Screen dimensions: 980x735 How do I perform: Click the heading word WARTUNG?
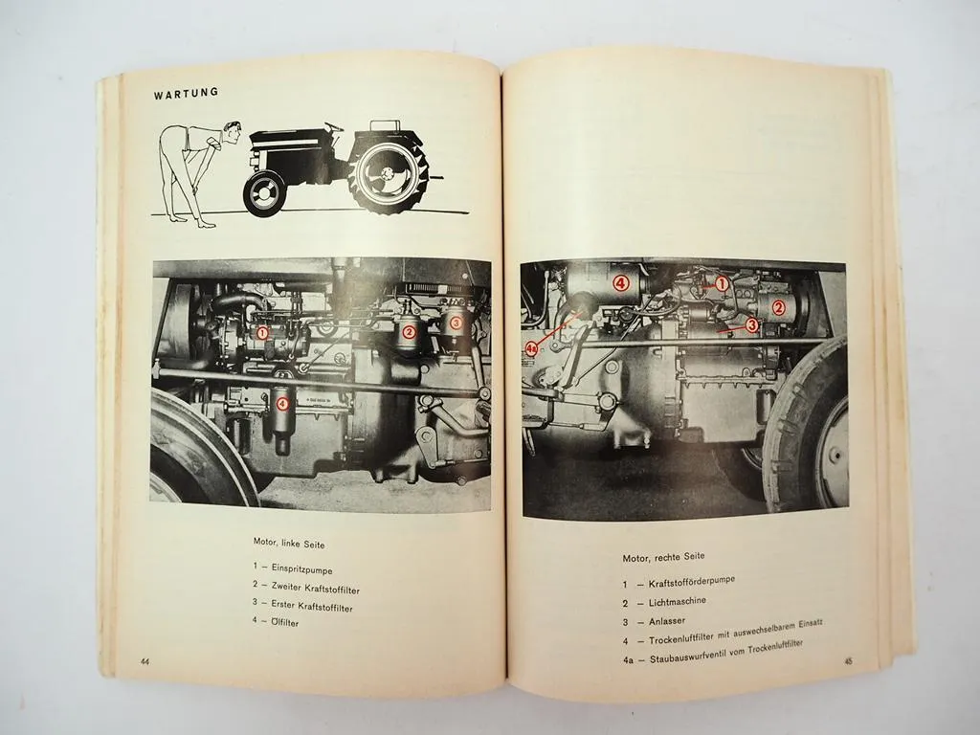[x=187, y=93]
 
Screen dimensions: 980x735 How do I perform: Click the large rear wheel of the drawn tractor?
[x=388, y=178]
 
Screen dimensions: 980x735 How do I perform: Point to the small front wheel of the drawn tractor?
[x=264, y=193]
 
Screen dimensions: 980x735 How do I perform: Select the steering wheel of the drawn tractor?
[x=334, y=126]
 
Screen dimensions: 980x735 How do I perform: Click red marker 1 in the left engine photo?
[x=263, y=334]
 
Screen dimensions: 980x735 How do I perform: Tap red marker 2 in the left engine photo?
[x=409, y=332]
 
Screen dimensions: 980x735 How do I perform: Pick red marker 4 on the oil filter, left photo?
[x=282, y=404]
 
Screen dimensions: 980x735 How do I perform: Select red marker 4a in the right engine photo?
[x=530, y=348]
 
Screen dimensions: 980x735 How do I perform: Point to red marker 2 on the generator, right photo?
[x=778, y=307]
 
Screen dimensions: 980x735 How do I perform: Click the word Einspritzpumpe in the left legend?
[x=301, y=570]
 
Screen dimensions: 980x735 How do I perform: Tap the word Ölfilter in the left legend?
[x=285, y=623]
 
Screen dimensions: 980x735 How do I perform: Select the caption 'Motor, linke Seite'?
[x=289, y=545]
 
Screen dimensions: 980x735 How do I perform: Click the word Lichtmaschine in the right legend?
[x=678, y=601]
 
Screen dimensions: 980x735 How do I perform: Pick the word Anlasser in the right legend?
[x=667, y=621]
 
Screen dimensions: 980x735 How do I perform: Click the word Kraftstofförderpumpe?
[x=692, y=581]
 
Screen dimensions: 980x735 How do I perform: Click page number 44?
[x=145, y=661]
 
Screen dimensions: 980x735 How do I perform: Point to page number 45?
[x=848, y=660]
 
